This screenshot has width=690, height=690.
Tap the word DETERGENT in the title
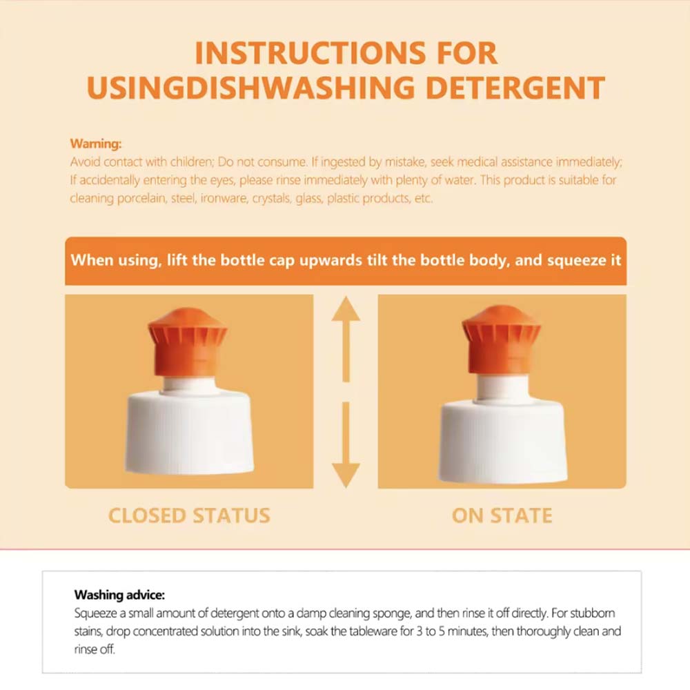[x=515, y=88]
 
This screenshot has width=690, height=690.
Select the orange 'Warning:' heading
[x=95, y=144]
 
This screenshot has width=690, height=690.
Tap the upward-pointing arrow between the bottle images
[x=346, y=339]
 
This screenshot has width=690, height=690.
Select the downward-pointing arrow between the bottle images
[x=346, y=445]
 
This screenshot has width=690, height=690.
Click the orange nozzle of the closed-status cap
[x=188, y=342]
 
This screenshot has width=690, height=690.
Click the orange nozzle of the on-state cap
[x=501, y=341]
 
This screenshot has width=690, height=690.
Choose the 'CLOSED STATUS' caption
[x=189, y=515]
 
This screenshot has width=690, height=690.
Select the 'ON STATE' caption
[x=502, y=515]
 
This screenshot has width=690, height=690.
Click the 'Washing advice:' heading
[x=119, y=595]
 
